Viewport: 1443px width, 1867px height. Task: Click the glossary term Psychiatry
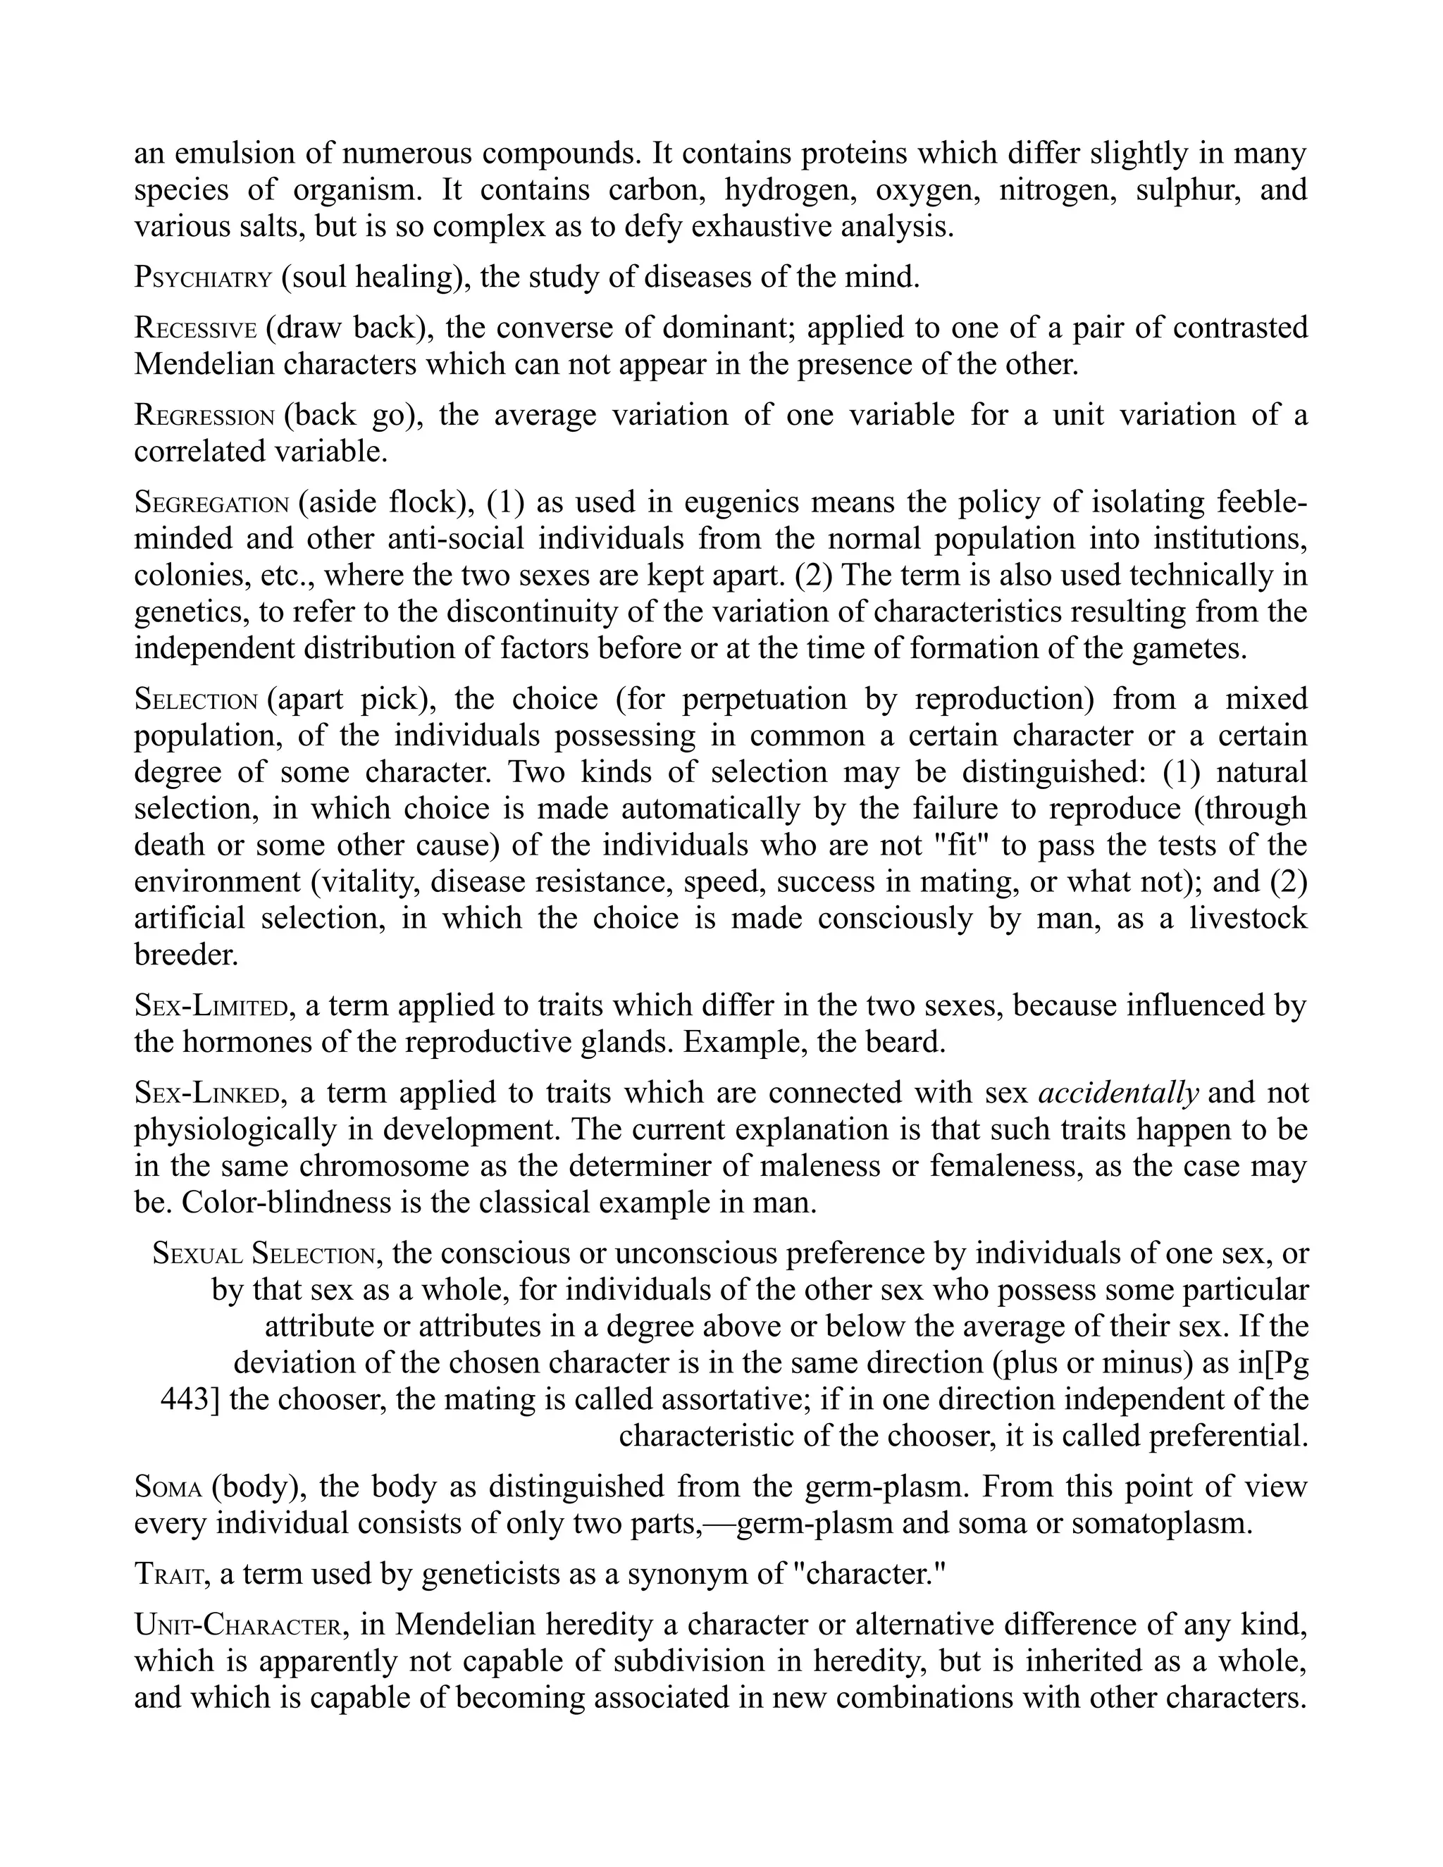pyautogui.click(x=203, y=278)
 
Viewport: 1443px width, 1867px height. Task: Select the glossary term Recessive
pyautogui.click(x=195, y=328)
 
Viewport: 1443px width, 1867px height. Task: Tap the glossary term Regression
pyautogui.click(x=204, y=416)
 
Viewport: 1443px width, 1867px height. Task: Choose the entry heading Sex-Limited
pyautogui.click(x=210, y=1006)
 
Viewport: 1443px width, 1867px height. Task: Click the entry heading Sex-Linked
pyautogui.click(x=208, y=1093)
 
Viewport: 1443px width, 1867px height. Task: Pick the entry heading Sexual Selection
pyautogui.click(x=264, y=1254)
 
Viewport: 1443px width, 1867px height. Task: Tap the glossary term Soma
pyautogui.click(x=168, y=1487)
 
